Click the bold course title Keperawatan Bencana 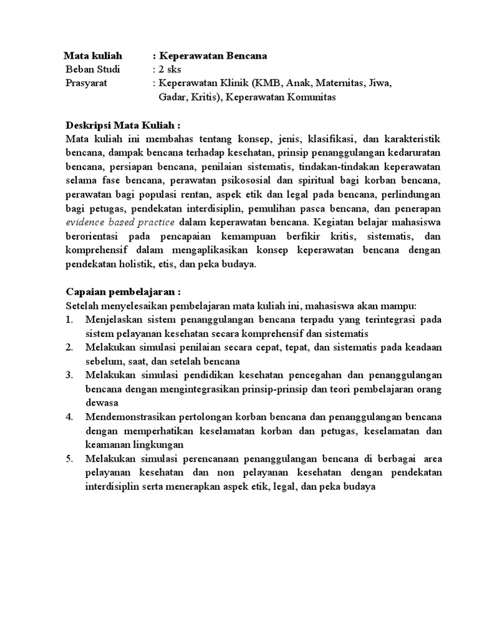pyautogui.click(x=213, y=56)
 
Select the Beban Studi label pyautogui.click(x=93, y=69)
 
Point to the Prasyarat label pyautogui.click(x=86, y=83)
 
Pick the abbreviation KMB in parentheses pyautogui.click(x=262, y=83)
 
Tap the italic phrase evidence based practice pyautogui.click(x=121, y=222)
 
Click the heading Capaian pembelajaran pyautogui.click(x=123, y=292)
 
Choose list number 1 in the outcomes pyautogui.click(x=69, y=320)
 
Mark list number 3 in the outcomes pyautogui.click(x=69, y=375)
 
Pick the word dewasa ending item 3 pyautogui.click(x=101, y=403)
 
